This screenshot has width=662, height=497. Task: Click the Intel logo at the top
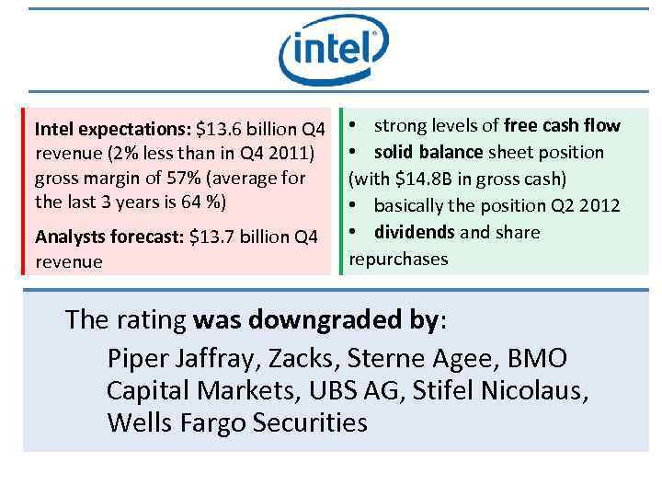pos(333,50)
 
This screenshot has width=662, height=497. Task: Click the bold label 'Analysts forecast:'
pos(109,238)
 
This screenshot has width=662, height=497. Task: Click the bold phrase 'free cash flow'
pos(562,125)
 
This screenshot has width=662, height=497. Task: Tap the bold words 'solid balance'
pos(428,152)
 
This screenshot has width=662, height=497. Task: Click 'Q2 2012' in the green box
pos(586,205)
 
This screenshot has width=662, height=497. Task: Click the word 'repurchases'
pos(398,259)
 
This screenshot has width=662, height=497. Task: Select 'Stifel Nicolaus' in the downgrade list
pos(502,390)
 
